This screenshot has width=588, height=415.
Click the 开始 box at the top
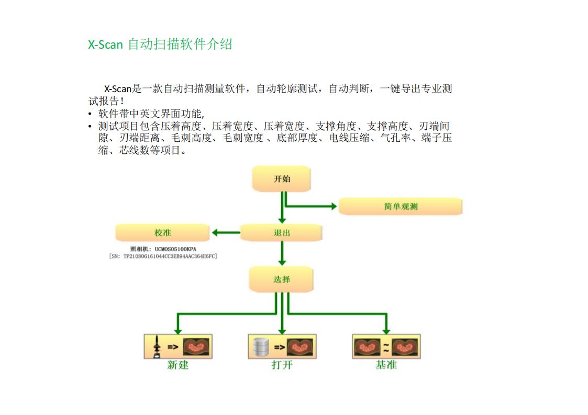click(x=282, y=178)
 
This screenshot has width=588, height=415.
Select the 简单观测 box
click(x=401, y=206)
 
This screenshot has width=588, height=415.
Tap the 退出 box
click(x=282, y=233)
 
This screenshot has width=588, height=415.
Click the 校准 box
click(x=162, y=233)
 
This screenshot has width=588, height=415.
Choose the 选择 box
click(x=282, y=279)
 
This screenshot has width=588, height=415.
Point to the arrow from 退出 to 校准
click(x=225, y=233)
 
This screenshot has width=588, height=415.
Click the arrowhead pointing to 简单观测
click(x=333, y=206)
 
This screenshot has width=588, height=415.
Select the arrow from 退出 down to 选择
click(x=282, y=253)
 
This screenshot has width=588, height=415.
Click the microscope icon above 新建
click(x=155, y=346)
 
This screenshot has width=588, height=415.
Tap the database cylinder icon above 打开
click(x=260, y=346)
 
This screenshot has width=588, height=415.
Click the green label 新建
click(x=178, y=365)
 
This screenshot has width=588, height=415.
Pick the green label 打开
click(x=282, y=365)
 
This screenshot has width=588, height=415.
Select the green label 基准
click(x=386, y=365)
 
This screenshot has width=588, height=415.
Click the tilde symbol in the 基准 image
click(x=386, y=346)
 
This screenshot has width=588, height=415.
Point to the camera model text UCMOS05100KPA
click(x=175, y=249)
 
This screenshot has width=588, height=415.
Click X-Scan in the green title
click(x=105, y=44)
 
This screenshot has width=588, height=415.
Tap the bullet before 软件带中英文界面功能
click(x=90, y=114)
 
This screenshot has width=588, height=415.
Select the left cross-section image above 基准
click(x=368, y=346)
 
